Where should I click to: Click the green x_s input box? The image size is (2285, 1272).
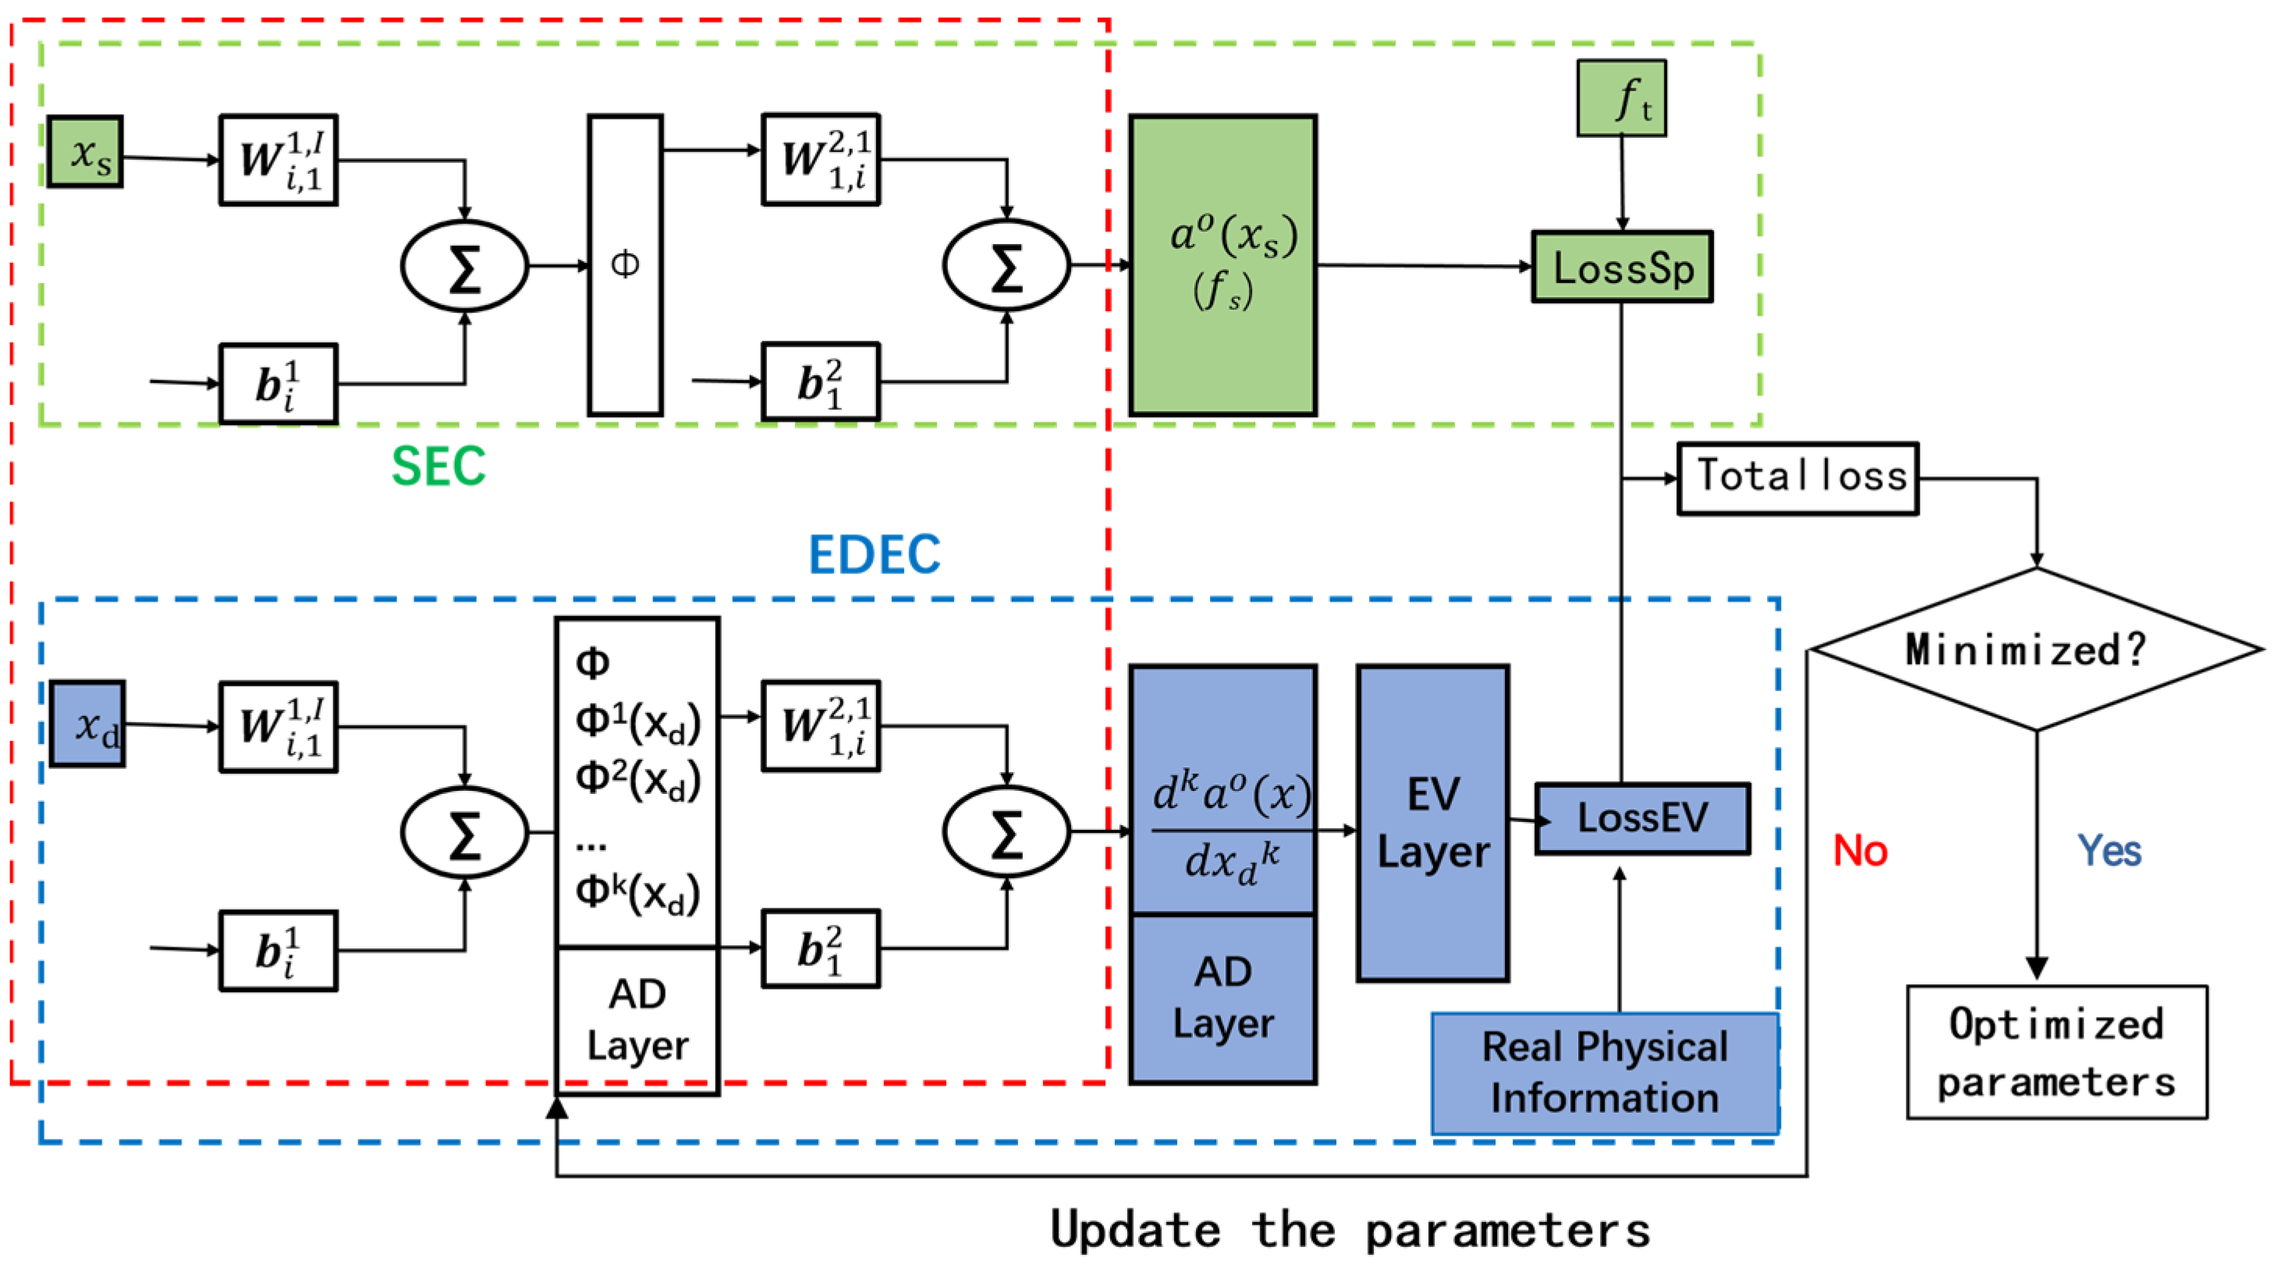85,151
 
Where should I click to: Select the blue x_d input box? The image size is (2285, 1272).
87,724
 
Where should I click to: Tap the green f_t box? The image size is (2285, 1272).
1621,97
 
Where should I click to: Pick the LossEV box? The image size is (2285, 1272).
1643,818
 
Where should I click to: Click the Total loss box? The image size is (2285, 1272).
1798,478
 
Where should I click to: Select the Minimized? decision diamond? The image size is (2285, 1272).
2035,650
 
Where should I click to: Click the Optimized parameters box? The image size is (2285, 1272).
2057,1052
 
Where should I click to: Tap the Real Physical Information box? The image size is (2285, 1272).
1605,1073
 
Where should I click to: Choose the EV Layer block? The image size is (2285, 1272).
1432,823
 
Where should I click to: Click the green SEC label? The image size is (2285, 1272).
439,466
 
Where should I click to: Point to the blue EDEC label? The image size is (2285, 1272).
875,555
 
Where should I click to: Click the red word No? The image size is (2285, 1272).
1860,851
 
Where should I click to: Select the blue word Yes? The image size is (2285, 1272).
2109,851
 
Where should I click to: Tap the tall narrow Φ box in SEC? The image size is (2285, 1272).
626,264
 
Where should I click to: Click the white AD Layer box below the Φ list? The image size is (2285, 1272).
637,1021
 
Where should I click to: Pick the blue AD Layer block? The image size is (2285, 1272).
1223,999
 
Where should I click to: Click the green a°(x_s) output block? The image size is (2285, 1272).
1223,264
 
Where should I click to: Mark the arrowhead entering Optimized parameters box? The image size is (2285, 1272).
2037,969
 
